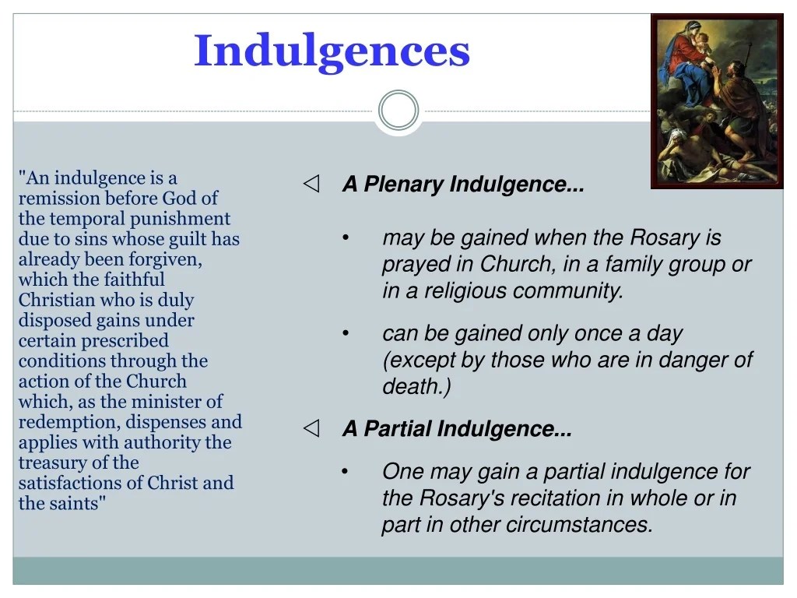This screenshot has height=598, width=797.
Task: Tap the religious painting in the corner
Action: click(x=717, y=101)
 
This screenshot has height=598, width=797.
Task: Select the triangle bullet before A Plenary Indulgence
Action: click(x=311, y=184)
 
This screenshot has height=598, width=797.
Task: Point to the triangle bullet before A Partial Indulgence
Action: click(x=311, y=428)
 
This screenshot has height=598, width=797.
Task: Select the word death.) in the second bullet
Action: click(x=416, y=386)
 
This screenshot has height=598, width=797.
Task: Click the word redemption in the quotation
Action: click(x=69, y=422)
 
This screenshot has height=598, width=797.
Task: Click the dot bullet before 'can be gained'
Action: click(x=346, y=333)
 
